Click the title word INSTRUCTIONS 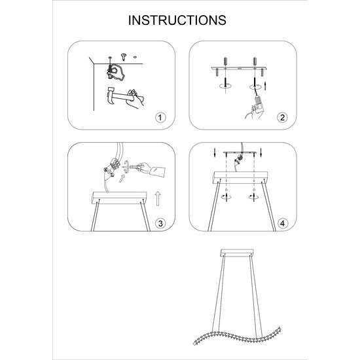[x=177, y=20]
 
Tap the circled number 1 [x=160, y=118]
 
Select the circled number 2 [x=282, y=118]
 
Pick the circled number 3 [x=160, y=223]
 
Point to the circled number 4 [x=282, y=223]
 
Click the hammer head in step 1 [x=111, y=94]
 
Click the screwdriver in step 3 [x=132, y=167]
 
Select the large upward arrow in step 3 [x=158, y=199]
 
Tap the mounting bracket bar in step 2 [x=239, y=68]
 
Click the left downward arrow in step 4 [x=215, y=153]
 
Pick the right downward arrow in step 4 [x=261, y=153]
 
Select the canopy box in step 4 [x=240, y=177]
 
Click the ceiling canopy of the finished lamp [x=237, y=253]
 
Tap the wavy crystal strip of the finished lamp [x=237, y=336]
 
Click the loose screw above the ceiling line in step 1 [x=124, y=57]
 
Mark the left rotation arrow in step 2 [x=225, y=86]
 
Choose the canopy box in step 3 [x=119, y=198]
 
